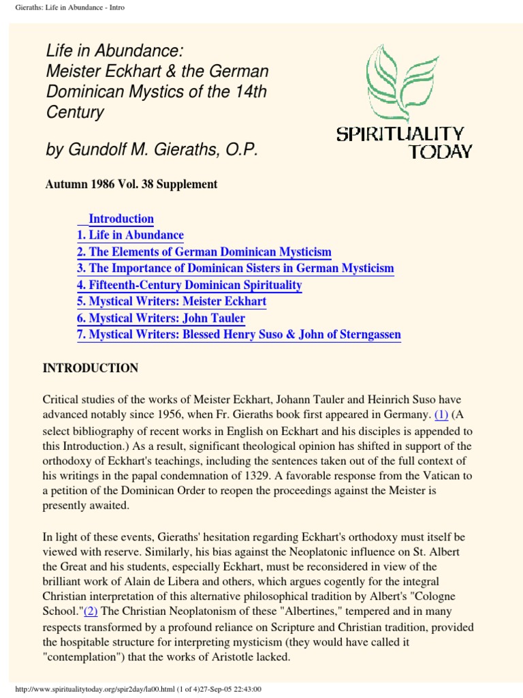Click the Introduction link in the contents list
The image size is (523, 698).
tap(121, 219)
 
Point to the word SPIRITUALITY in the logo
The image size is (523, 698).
tap(400, 134)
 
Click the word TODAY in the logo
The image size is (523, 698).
tap(439, 151)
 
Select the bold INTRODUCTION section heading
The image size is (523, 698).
tap(91, 368)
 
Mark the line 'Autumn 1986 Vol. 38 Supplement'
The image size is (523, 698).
tap(131, 184)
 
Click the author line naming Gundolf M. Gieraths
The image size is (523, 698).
tap(152, 150)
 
